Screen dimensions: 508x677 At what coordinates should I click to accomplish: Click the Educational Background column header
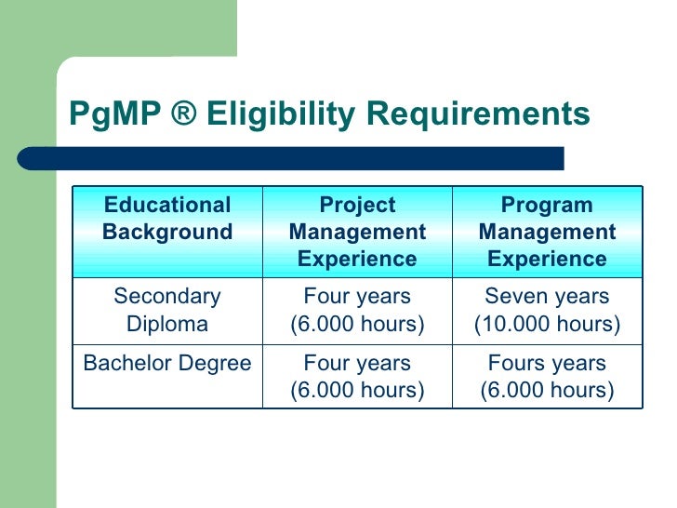(x=167, y=219)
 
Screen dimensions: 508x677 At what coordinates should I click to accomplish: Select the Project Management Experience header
(x=357, y=232)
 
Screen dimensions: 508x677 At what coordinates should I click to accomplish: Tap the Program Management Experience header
(x=547, y=232)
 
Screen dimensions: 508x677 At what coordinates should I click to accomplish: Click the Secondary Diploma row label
(x=167, y=310)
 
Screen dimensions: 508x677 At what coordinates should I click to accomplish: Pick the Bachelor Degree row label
(x=167, y=364)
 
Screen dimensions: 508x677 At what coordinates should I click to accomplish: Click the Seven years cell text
(x=547, y=297)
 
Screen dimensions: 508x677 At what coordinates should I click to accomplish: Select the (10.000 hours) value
(x=547, y=324)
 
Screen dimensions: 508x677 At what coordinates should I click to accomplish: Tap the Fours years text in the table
(x=547, y=364)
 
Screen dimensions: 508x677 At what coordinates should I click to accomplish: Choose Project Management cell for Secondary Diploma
(x=357, y=310)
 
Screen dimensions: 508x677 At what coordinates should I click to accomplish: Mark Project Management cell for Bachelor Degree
(x=357, y=377)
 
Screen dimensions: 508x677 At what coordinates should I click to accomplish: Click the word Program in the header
(x=547, y=206)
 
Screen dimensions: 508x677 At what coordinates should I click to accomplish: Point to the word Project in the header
(x=357, y=206)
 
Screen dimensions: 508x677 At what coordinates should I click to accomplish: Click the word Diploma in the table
(x=167, y=324)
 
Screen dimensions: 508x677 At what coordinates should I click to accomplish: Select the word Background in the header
(x=167, y=232)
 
